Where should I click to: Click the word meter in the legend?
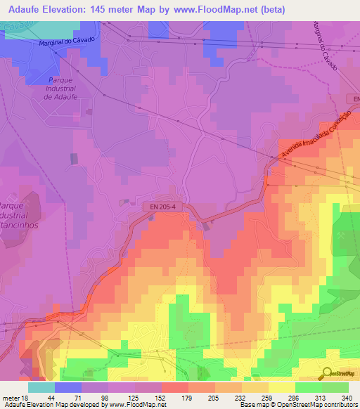click(x=10, y=398)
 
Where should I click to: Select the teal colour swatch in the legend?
click(x=41, y=387)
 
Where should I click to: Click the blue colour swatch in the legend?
click(x=68, y=387)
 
